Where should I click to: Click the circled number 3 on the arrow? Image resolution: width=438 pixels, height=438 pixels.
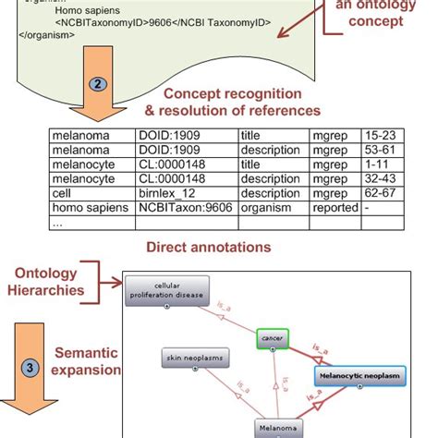pos(31,367)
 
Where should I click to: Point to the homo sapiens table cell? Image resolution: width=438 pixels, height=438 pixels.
pos(88,210)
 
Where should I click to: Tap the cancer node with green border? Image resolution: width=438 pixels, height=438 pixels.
pos(272,339)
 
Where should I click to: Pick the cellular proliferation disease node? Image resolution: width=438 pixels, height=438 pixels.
pos(165,291)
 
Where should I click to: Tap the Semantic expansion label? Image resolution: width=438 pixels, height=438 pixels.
pos(87,360)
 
